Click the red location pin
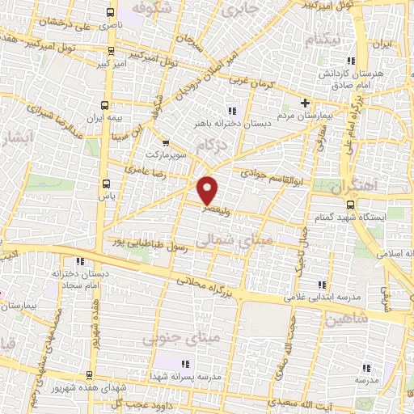208,189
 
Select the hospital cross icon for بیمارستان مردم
305,103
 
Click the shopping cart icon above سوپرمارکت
167,142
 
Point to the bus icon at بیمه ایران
104,106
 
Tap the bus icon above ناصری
110,13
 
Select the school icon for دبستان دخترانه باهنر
232,110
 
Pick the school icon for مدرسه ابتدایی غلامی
323,285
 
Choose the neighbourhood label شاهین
348,319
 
